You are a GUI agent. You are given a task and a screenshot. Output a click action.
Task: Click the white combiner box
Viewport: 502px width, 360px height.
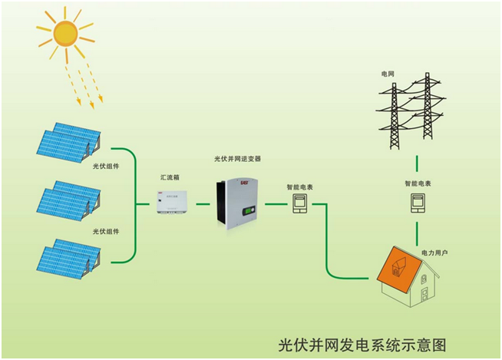(x=173, y=202)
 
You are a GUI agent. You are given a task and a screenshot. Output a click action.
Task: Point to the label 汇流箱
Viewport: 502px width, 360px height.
(x=171, y=177)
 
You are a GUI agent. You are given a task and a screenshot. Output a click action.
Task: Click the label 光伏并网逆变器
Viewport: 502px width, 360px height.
(x=237, y=159)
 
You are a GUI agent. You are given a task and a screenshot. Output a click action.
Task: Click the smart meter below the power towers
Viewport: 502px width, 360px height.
(x=417, y=203)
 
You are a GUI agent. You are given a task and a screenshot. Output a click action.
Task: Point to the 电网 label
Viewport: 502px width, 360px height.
(x=388, y=74)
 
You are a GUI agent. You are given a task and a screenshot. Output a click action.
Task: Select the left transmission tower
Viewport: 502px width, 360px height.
(x=395, y=111)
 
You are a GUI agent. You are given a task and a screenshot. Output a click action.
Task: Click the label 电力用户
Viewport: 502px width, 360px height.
(x=434, y=251)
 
